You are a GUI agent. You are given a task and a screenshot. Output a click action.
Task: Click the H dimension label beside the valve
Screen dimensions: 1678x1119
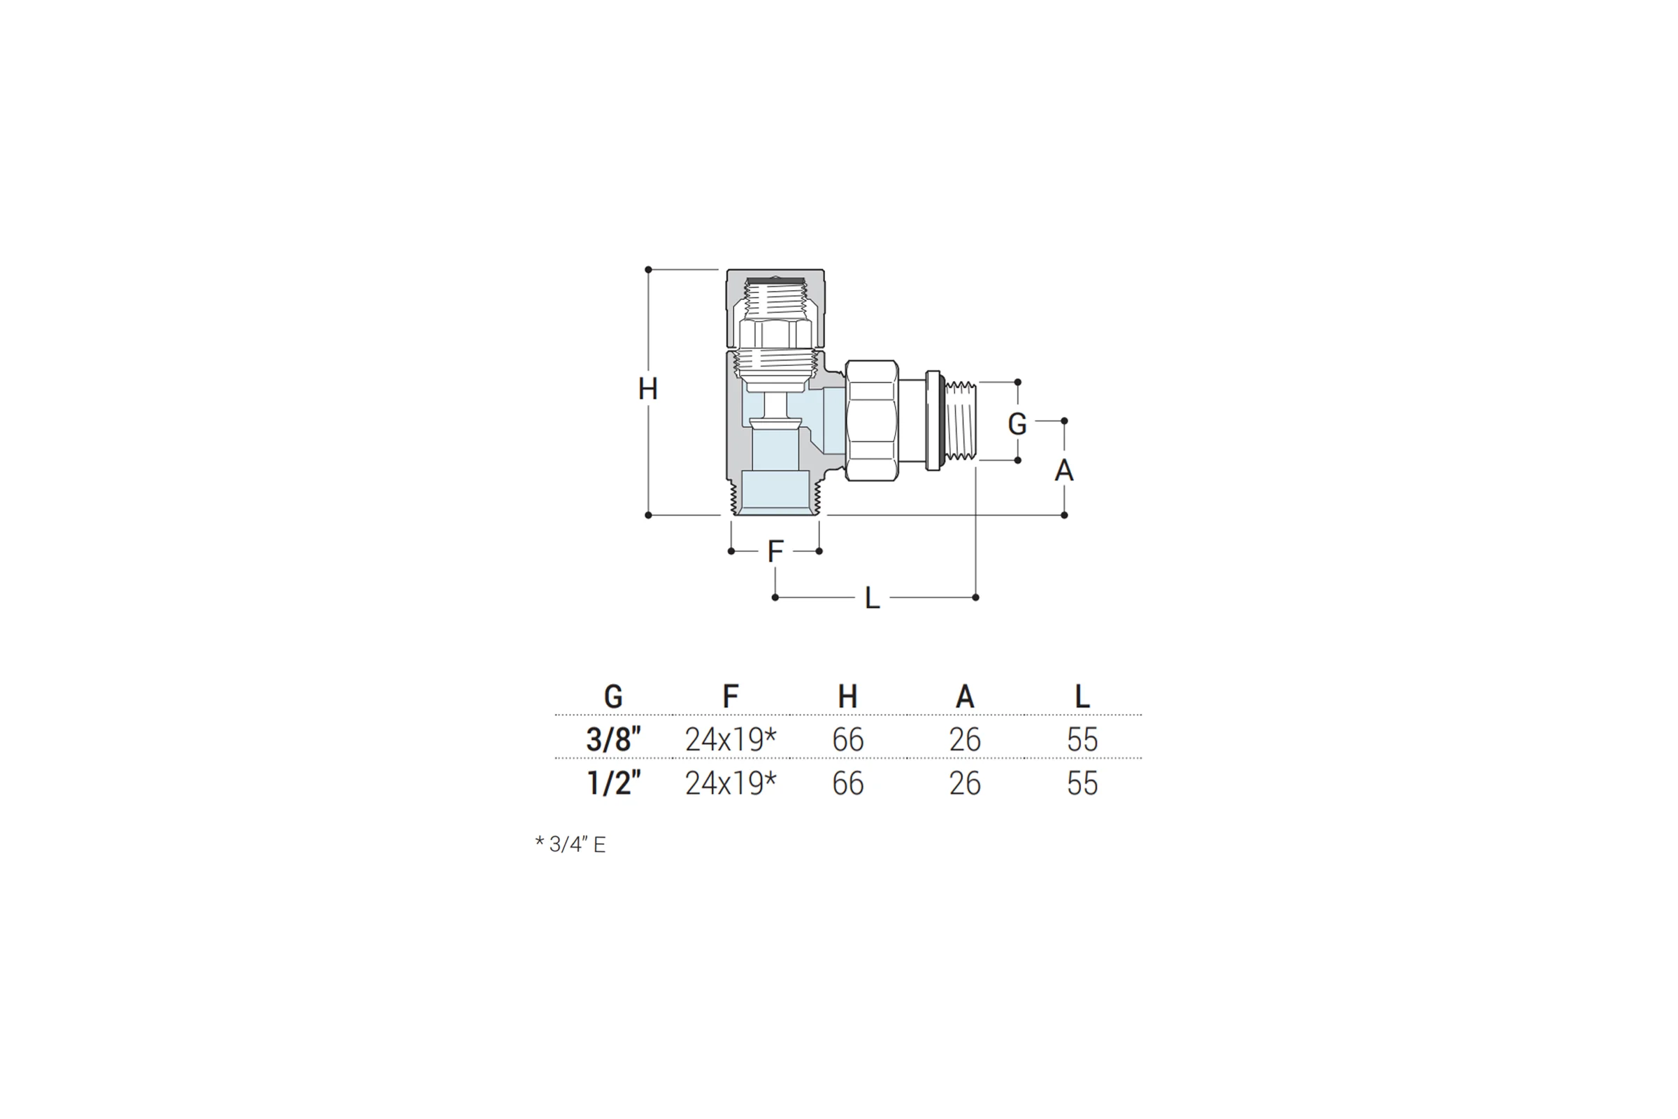tap(648, 390)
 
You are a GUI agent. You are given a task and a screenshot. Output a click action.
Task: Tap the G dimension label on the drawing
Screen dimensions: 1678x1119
tap(1017, 424)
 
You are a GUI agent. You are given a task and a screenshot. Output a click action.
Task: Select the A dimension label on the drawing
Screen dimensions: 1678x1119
tap(1063, 470)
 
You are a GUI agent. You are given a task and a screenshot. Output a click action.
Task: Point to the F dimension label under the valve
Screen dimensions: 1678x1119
tap(775, 552)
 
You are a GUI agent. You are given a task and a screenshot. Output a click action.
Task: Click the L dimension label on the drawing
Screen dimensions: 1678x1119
tap(872, 598)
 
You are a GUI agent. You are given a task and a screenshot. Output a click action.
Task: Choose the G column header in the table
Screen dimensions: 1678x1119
tap(613, 697)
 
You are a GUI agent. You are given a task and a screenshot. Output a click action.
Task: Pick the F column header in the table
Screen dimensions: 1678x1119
tap(730, 697)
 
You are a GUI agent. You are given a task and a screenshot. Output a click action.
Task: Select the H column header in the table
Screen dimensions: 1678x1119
tap(847, 697)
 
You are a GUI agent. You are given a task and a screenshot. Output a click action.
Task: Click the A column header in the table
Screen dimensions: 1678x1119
tap(965, 697)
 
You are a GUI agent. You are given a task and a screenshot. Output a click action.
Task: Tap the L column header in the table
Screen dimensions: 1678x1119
tap(1082, 697)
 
